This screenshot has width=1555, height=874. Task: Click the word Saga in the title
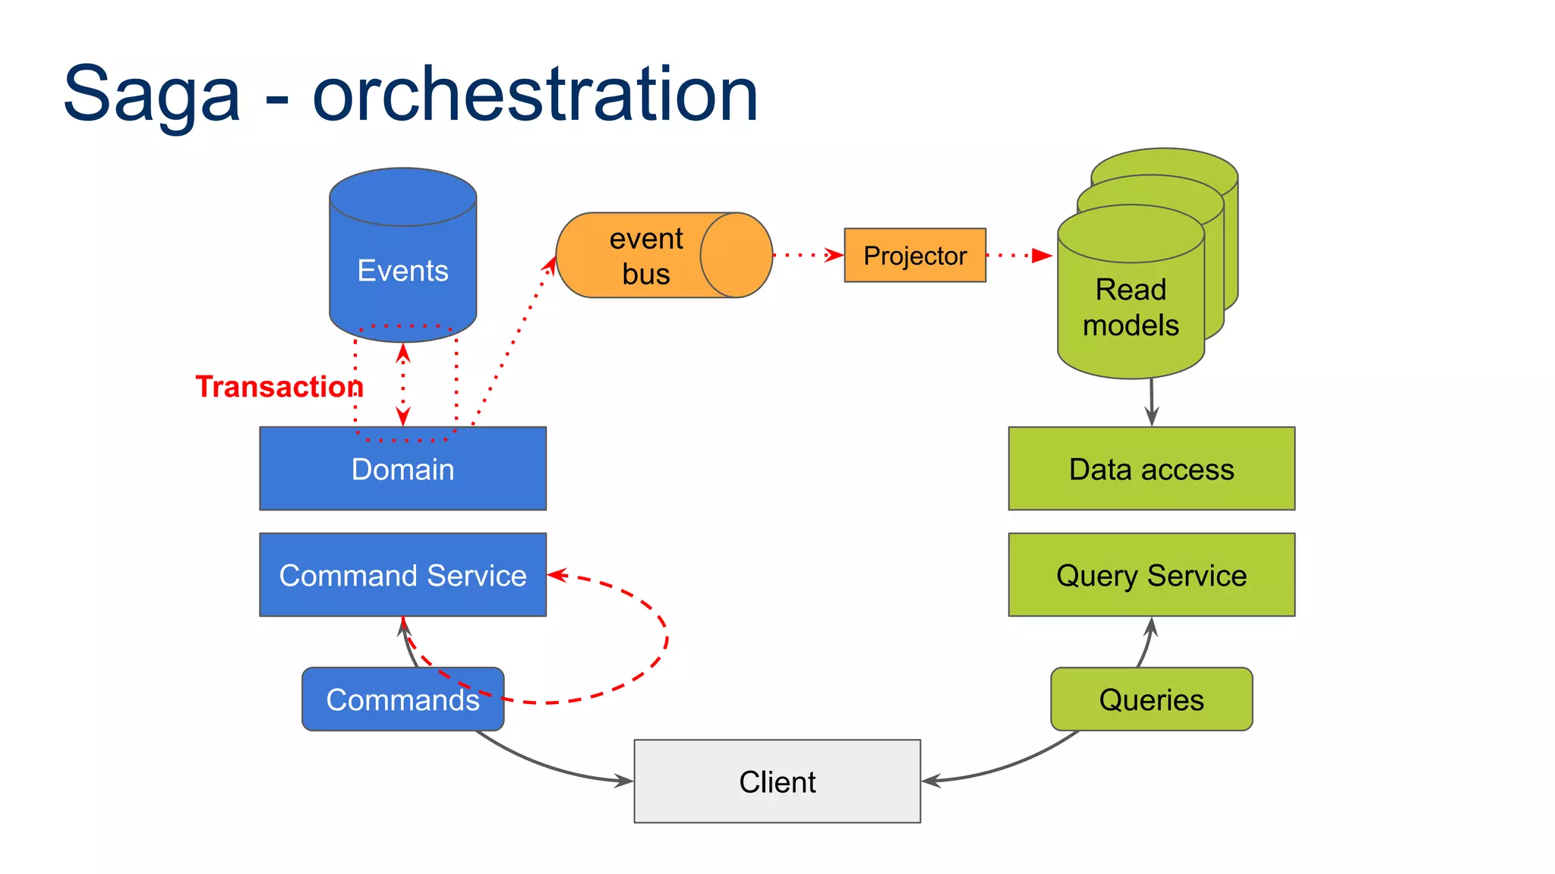151,95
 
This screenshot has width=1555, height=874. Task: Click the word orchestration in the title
535,95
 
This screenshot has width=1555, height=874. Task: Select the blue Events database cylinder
402,258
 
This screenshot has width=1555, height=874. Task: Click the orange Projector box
915,256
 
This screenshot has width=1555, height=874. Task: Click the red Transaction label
279,387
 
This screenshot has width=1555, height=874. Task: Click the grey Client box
777,781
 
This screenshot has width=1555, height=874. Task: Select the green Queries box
1151,700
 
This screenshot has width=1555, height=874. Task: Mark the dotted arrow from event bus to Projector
808,256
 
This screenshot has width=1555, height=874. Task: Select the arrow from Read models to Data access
1152,402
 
